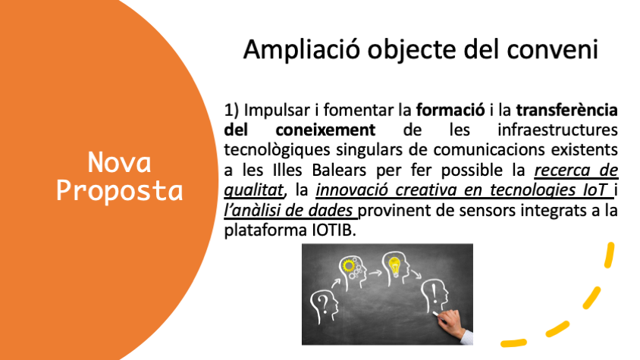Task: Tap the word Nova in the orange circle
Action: [119, 162]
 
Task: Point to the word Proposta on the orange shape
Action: [119, 191]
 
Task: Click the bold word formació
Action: [450, 110]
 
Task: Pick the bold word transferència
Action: [567, 110]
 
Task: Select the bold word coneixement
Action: [325, 130]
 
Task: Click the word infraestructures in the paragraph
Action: [557, 130]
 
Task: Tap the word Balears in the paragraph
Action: [339, 171]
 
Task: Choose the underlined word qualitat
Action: [253, 190]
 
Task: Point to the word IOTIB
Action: [334, 230]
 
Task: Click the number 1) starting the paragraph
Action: [231, 110]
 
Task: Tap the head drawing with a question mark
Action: [324, 306]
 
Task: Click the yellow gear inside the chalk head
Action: [349, 266]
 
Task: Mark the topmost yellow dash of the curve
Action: [610, 255]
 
